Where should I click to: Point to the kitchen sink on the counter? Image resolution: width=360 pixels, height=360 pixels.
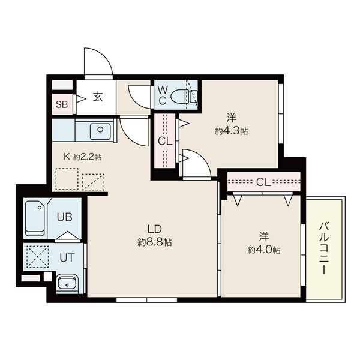click(x=101, y=130)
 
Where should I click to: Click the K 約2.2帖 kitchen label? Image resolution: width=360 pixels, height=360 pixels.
click(x=83, y=157)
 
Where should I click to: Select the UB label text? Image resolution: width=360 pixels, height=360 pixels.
click(x=64, y=217)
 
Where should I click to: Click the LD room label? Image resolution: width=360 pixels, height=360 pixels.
click(x=154, y=229)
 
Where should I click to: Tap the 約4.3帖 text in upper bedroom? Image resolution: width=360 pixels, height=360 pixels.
click(x=231, y=130)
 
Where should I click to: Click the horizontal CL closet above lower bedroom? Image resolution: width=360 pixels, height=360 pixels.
click(x=263, y=181)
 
